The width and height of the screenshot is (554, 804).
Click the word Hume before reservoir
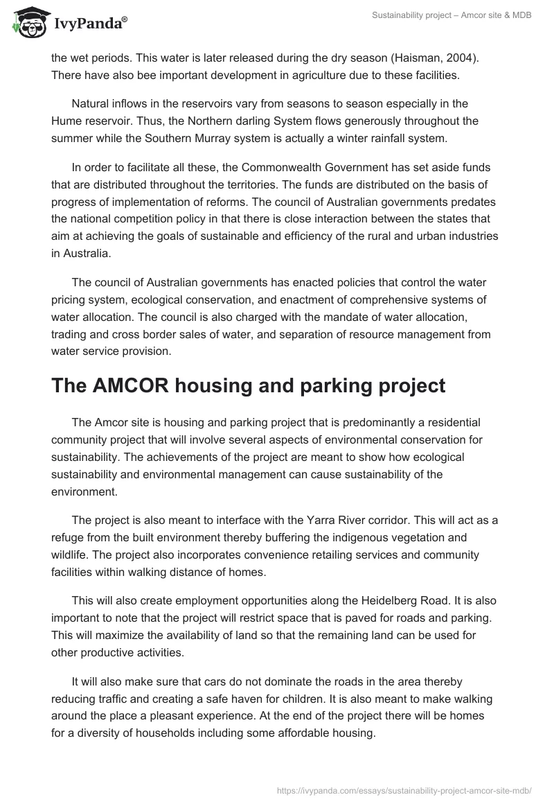point(66,121)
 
